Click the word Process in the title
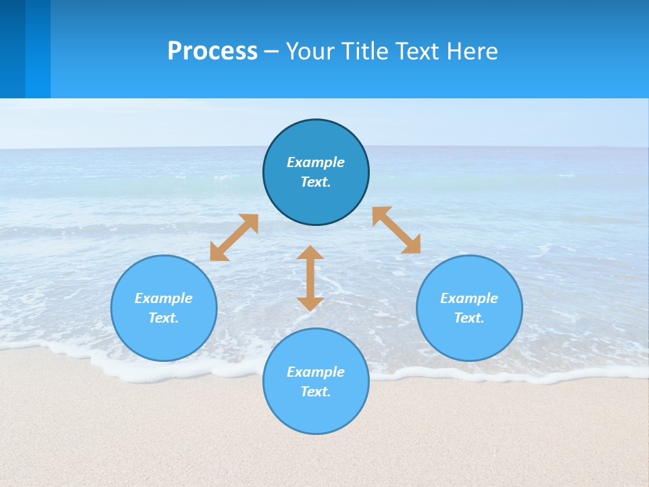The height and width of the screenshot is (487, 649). click(x=212, y=51)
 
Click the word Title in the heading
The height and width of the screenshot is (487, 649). click(x=364, y=51)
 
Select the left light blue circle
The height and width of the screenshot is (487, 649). click(x=164, y=338)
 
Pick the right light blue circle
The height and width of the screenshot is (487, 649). click(x=469, y=338)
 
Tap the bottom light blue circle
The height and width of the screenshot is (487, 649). click(x=316, y=413)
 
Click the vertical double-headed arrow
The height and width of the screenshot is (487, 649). click(x=310, y=278)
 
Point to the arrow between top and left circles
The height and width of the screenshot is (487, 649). click(x=234, y=237)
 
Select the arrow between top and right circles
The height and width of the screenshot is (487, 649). click(x=397, y=230)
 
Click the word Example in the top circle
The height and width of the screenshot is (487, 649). click(x=316, y=162)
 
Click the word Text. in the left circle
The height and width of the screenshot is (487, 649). click(x=164, y=318)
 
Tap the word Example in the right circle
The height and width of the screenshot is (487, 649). click(x=469, y=298)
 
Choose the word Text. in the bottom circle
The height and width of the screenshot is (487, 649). click(x=316, y=392)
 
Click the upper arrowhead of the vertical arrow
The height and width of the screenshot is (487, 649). click(x=310, y=253)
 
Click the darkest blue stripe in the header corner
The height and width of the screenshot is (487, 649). click(x=12, y=49)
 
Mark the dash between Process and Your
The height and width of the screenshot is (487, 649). click(x=272, y=52)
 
